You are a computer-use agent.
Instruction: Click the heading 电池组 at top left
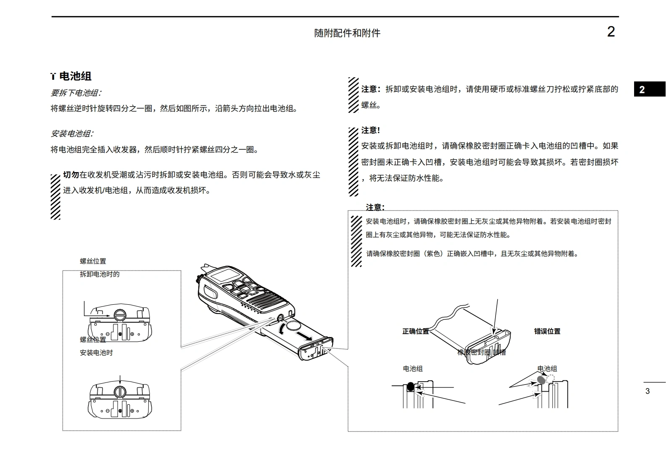click(x=75, y=76)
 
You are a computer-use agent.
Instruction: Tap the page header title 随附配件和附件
click(x=347, y=33)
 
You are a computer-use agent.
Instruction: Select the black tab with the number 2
click(x=649, y=89)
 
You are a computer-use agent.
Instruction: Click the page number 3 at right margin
click(x=647, y=391)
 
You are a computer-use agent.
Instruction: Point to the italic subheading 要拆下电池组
click(x=76, y=93)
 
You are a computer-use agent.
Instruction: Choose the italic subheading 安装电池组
click(x=72, y=133)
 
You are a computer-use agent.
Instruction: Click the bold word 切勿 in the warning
click(x=71, y=175)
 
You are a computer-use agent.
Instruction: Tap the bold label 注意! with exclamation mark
click(x=370, y=130)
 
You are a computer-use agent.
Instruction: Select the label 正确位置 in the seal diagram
click(x=415, y=331)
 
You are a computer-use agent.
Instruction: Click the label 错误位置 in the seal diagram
click(x=547, y=331)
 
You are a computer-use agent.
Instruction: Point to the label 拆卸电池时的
click(x=100, y=274)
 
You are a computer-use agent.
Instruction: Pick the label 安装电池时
click(x=96, y=353)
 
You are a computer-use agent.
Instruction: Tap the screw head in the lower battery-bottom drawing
click(x=120, y=392)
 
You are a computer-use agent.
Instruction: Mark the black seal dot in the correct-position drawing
click(x=410, y=387)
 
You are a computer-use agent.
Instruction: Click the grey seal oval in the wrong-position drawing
click(x=542, y=380)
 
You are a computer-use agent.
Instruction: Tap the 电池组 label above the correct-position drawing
click(x=412, y=369)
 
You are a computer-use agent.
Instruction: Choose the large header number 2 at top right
click(x=611, y=32)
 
